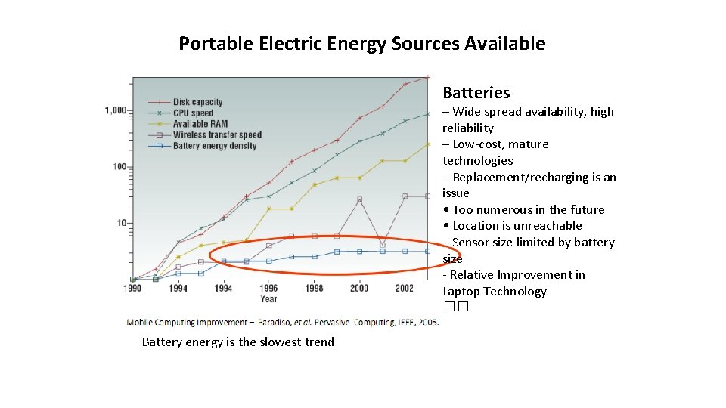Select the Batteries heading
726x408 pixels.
pyautogui.click(x=476, y=93)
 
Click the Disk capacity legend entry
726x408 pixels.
pyautogui.click(x=197, y=102)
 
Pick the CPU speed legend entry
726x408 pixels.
pyautogui.click(x=193, y=113)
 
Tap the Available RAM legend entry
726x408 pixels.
pyautogui.click(x=200, y=124)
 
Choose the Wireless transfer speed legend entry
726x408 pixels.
pyautogui.click(x=216, y=135)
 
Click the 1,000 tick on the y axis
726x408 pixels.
pyautogui.click(x=116, y=110)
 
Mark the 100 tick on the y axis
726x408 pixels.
pyautogui.click(x=118, y=166)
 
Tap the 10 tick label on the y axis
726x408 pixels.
pyautogui.click(x=121, y=223)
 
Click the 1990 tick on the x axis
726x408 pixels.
pyautogui.click(x=132, y=288)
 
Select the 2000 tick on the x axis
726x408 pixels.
pyautogui.click(x=359, y=288)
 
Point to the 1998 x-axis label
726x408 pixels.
pyautogui.click(x=314, y=288)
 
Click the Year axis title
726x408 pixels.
pyautogui.click(x=269, y=298)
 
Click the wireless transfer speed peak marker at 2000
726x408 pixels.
pyautogui.click(x=359, y=199)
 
